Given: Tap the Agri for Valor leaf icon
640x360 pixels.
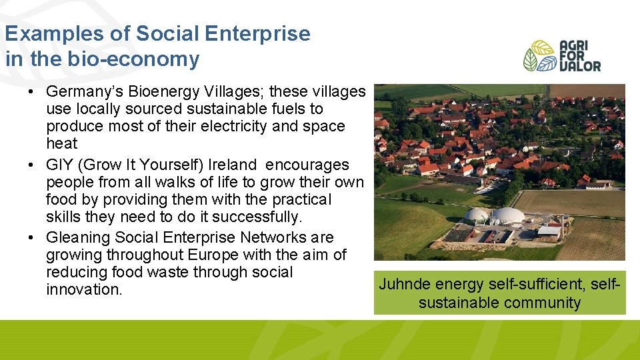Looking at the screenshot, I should coord(539,56).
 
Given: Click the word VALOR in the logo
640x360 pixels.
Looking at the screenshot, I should coord(579,66).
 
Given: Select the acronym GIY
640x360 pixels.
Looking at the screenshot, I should coord(59,165).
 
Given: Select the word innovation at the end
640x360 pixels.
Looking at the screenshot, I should coord(83,289).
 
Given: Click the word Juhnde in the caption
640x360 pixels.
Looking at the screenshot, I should coord(404,284).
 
